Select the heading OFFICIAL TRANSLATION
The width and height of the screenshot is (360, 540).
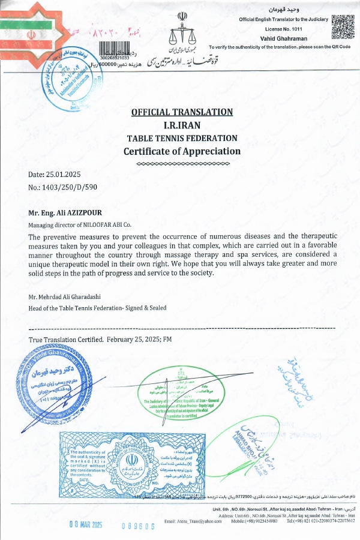(x=182, y=112)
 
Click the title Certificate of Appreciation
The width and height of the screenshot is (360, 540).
(x=182, y=151)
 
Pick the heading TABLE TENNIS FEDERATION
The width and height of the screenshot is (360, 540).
(x=182, y=138)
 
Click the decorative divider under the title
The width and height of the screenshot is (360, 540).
(x=182, y=163)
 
